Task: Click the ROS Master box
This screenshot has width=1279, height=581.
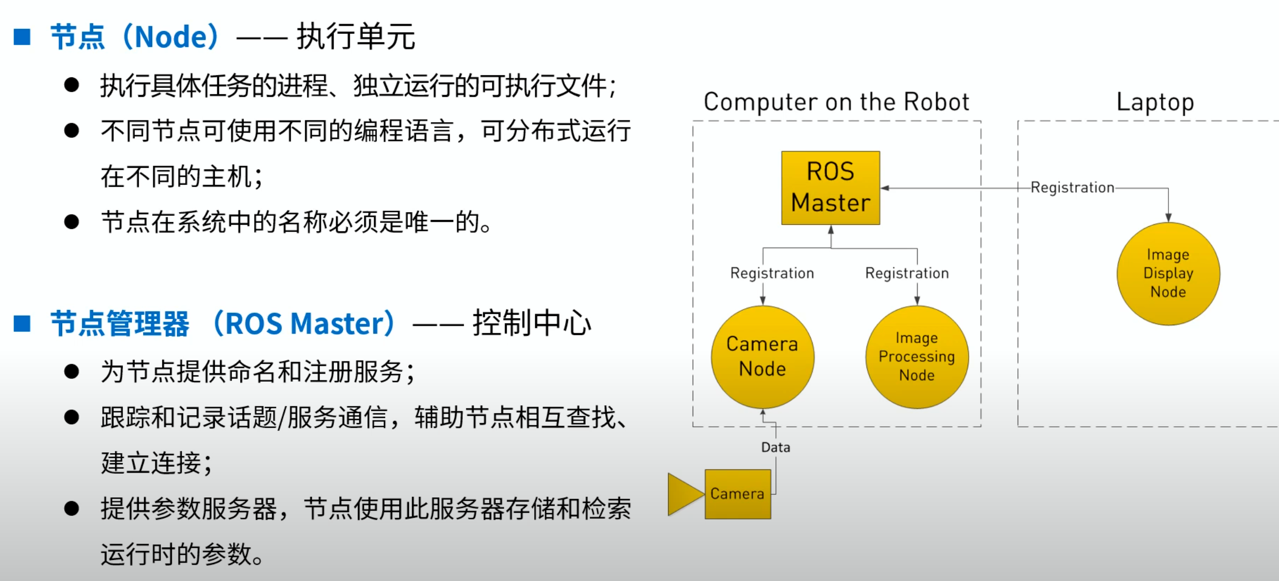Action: pos(830,188)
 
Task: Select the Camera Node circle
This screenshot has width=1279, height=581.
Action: pos(762,357)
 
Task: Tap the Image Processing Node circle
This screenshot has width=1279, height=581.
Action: pos(917,357)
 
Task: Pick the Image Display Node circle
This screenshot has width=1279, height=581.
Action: pos(1168,274)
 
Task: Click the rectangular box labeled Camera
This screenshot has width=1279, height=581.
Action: pos(737,494)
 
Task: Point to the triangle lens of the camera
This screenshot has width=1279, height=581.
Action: pos(684,494)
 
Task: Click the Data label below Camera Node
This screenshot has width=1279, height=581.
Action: pos(775,447)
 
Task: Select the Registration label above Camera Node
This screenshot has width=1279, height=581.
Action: pos(772,273)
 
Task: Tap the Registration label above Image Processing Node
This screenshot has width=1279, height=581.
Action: pos(907,273)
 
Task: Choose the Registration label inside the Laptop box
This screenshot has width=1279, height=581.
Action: pos(1072,187)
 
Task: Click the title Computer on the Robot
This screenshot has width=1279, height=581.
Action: pos(836,102)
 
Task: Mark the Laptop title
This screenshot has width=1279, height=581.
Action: pos(1155,102)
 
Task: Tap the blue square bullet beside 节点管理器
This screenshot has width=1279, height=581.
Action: pos(22,323)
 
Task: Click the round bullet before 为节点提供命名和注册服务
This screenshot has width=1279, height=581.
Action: pos(71,372)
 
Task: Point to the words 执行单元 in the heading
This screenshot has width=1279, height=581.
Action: pos(356,37)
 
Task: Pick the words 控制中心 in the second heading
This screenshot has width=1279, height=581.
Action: pos(532,323)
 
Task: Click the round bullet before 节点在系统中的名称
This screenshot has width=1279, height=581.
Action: pos(71,222)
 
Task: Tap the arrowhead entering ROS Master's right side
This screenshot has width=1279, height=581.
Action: pos(885,188)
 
